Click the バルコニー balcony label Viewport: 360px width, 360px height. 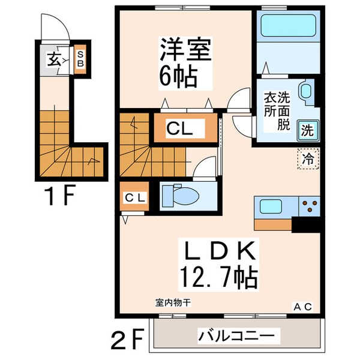click(236, 335)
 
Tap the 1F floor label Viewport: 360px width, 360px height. click(59, 196)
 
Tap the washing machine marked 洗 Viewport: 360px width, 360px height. click(306, 129)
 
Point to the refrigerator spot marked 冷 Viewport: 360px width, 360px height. click(307, 160)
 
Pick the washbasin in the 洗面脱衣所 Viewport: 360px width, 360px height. click(304, 91)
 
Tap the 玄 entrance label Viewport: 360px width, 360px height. click(54, 59)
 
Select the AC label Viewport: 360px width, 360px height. click(302, 307)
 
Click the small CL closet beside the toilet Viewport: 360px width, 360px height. click(133, 198)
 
